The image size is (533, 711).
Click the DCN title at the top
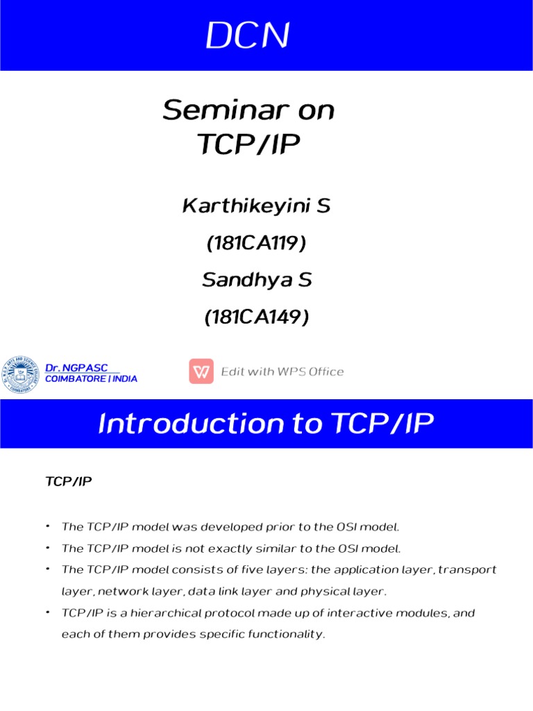246,37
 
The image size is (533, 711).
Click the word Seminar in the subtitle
212,110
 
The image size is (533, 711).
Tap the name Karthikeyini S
256,206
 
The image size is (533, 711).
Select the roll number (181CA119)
256,243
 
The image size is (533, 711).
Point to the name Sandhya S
257,280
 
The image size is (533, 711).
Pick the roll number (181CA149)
256,317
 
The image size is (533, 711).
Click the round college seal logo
22,374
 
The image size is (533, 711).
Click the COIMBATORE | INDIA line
91,379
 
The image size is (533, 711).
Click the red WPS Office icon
201,371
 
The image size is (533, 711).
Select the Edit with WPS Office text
282,371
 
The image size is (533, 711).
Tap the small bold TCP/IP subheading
68,480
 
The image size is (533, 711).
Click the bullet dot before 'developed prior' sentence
46,526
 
